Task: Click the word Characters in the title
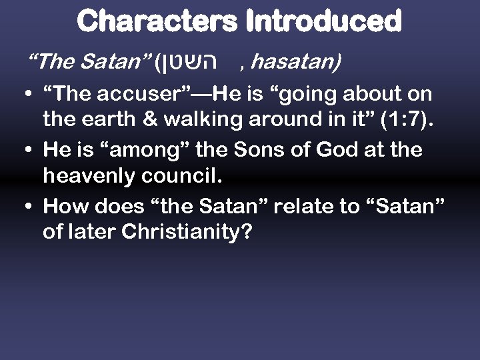click(x=157, y=21)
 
